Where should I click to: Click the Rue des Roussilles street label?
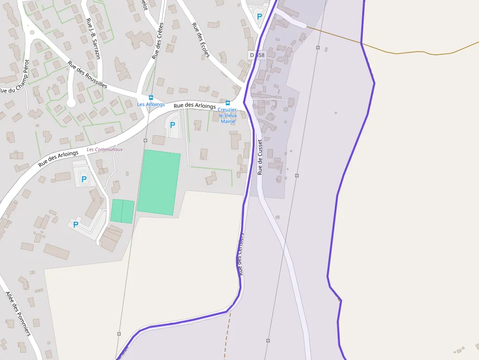point(87,74)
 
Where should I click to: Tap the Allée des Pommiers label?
point(18,314)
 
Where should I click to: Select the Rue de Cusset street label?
point(260,157)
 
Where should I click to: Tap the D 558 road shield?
point(257,55)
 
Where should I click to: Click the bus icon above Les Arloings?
point(151,98)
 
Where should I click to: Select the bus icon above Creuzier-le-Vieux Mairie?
point(227,103)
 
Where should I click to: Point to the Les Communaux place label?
point(105,149)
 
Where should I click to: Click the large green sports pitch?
point(159,182)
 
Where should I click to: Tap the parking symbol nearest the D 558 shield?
point(260,16)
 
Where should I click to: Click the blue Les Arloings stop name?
point(151,105)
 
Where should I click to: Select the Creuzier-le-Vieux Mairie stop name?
point(227,115)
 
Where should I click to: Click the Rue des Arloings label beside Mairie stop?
point(195,105)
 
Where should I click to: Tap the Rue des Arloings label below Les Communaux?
point(58,159)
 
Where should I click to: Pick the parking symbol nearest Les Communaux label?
point(84,179)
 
